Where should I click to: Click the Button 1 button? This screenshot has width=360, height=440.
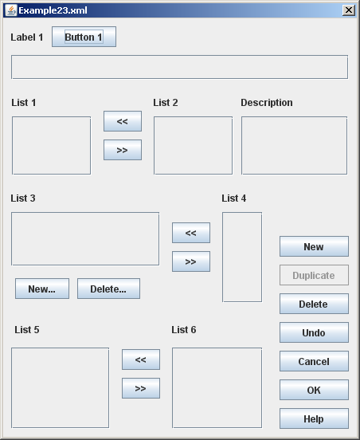coord(84,37)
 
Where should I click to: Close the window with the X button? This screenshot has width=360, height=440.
coord(349,10)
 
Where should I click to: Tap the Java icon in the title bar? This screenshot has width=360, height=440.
coord(11,10)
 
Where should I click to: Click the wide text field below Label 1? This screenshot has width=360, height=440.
coord(179,67)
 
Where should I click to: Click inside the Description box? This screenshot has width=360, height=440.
coord(295,146)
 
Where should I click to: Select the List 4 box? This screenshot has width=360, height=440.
coord(242,257)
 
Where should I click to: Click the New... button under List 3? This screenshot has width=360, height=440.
coord(42,289)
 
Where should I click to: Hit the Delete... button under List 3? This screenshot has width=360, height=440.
coord(108,289)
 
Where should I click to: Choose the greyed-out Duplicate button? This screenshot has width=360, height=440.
coord(314,275)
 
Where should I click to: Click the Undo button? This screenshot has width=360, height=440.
coord(314,332)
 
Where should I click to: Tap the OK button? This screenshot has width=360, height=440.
coord(314,390)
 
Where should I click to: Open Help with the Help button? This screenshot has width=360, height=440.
coord(314,418)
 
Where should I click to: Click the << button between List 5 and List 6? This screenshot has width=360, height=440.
coord(141,359)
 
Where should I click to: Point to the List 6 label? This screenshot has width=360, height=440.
coord(184,330)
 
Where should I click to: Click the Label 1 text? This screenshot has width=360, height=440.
coord(27,37)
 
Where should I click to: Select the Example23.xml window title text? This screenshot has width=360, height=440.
coord(53,10)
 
